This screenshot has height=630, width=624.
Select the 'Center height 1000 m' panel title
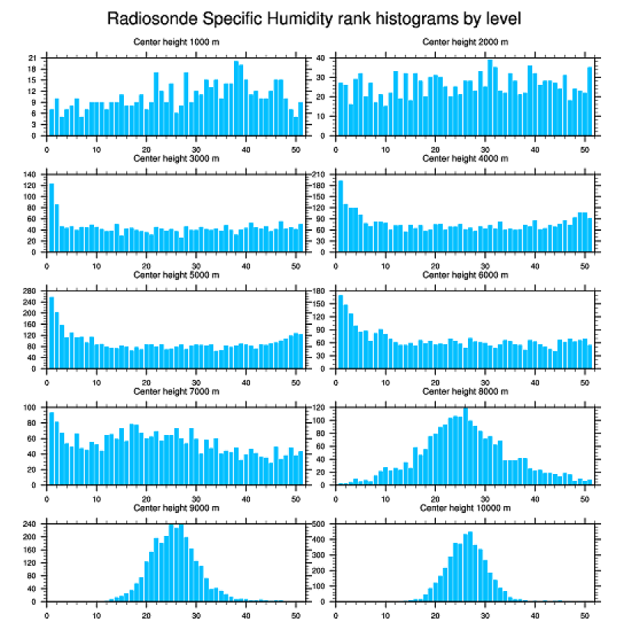coord(176,41)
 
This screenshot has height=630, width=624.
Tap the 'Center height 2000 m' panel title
coord(465,41)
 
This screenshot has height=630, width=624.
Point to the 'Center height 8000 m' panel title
coord(465,391)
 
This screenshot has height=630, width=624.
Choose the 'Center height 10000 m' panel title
coord(465,508)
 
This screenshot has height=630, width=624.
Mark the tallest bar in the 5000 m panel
coord(52,332)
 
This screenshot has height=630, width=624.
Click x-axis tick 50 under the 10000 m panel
coord(584,613)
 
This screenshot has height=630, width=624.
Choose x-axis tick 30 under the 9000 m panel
coord(197,613)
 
